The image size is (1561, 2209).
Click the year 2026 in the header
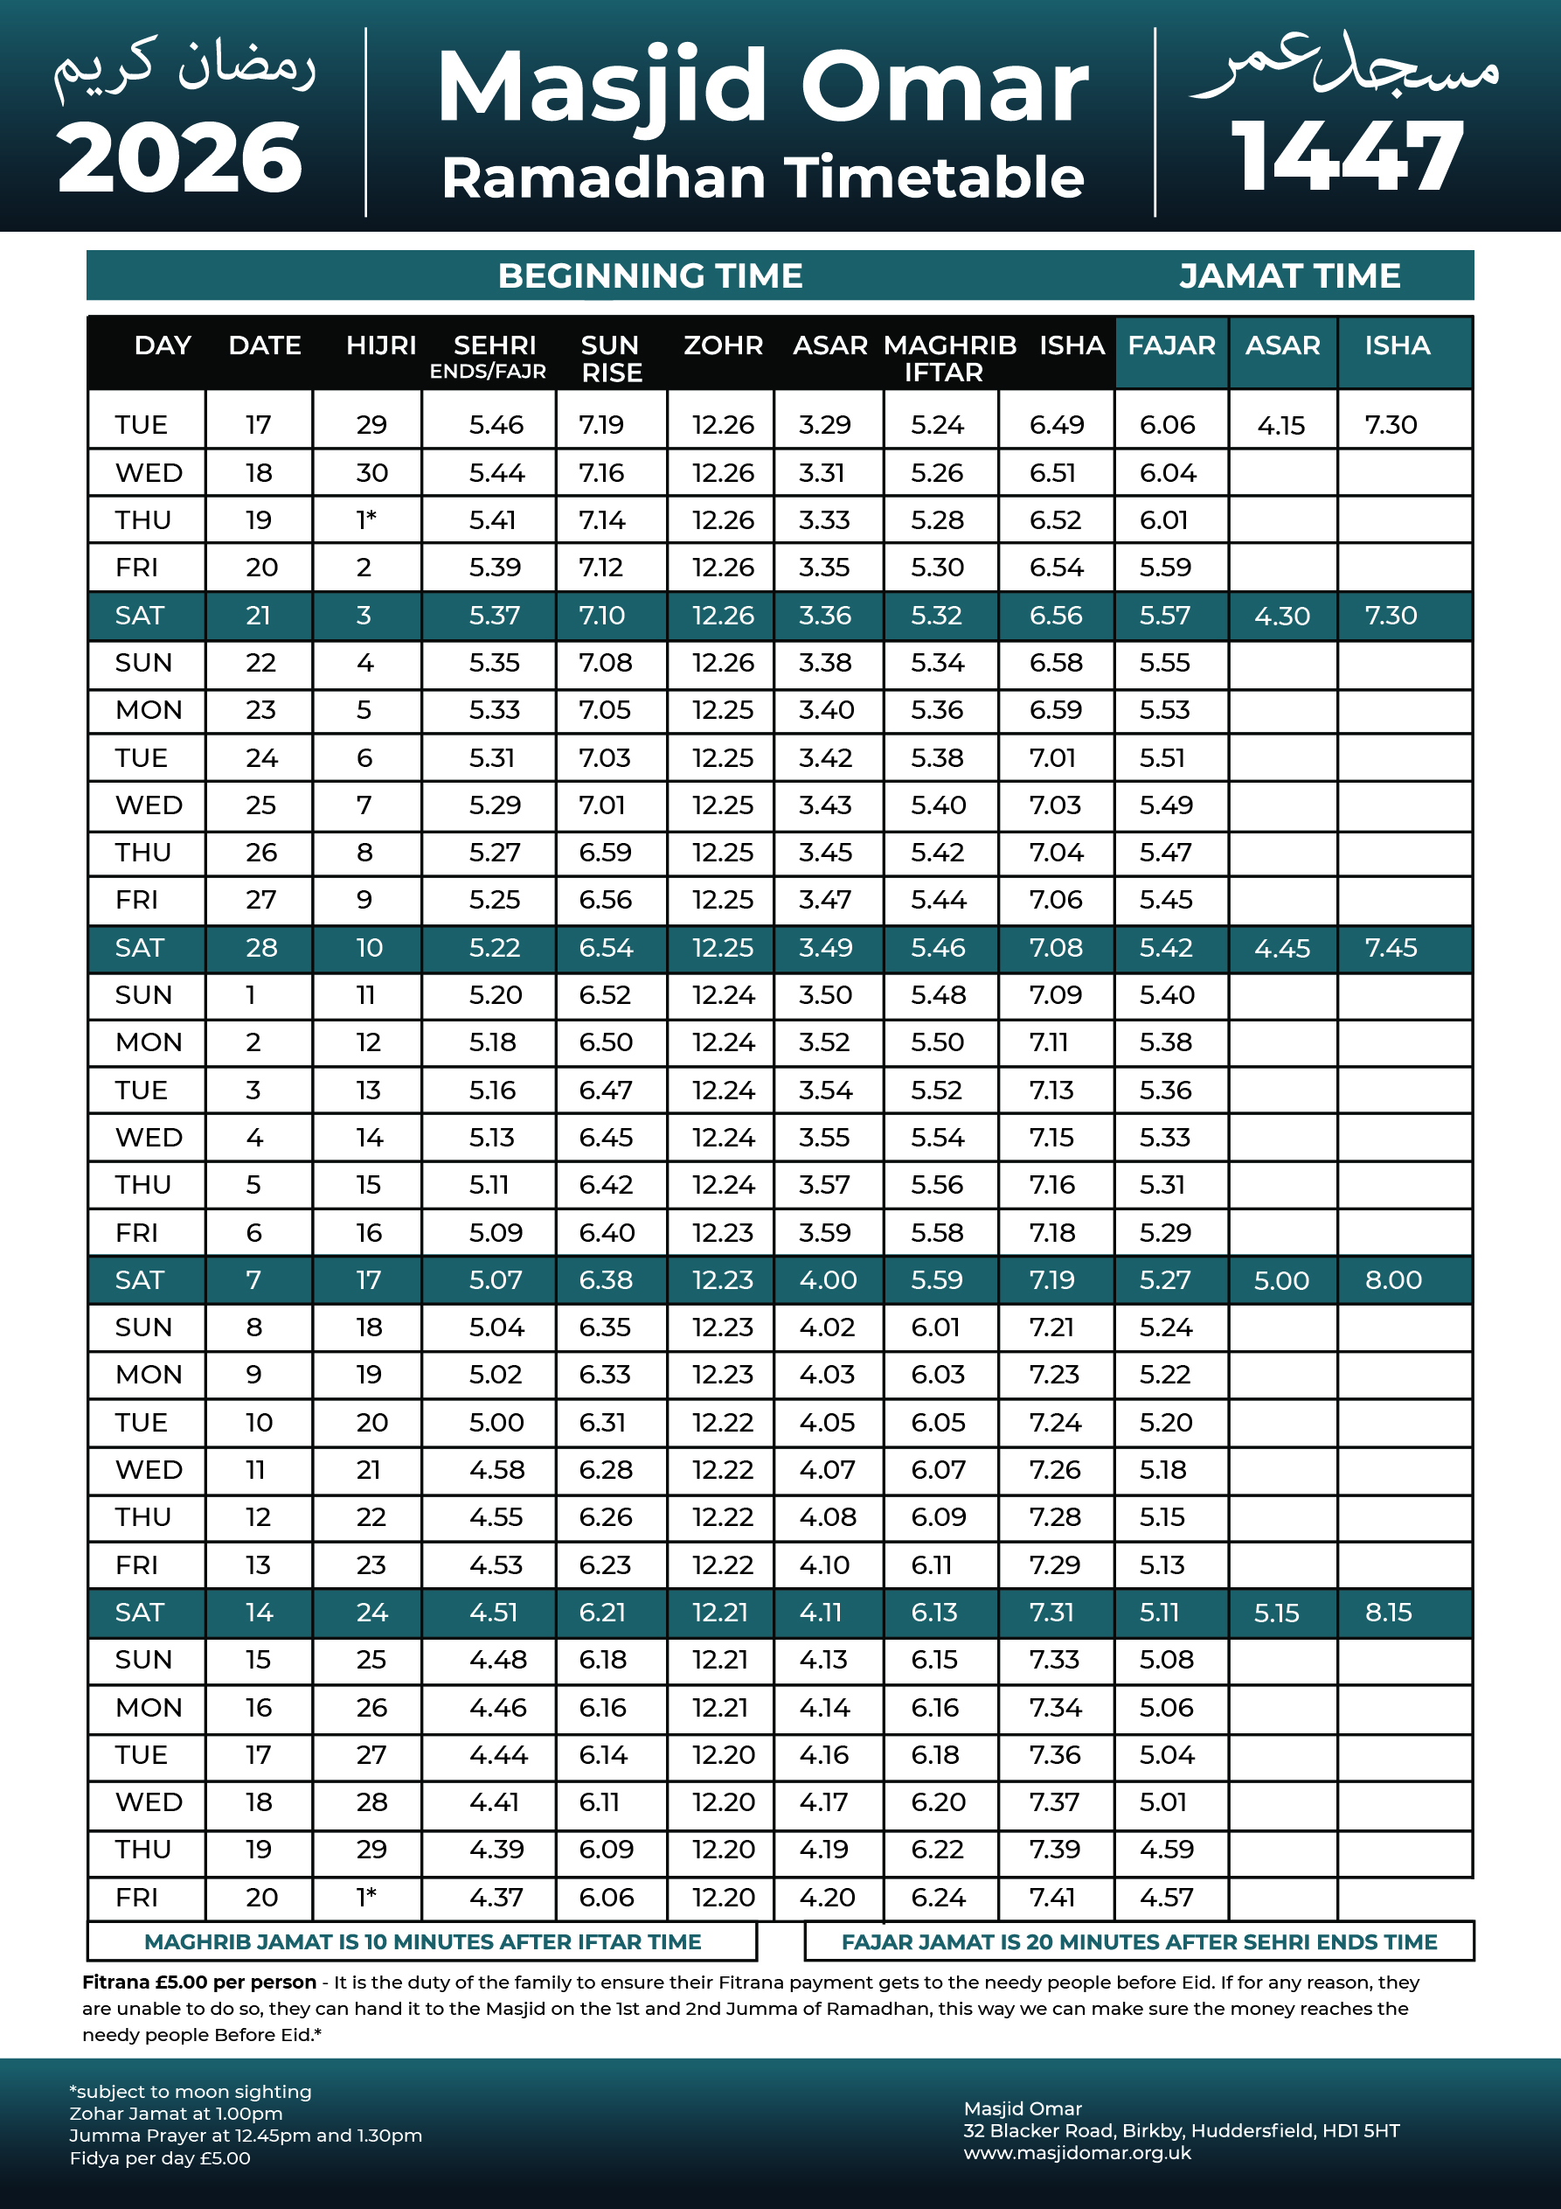point(180,157)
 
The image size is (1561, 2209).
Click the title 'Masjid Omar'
point(762,87)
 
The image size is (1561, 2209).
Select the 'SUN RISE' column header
point(611,359)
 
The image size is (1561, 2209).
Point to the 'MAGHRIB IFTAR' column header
point(948,359)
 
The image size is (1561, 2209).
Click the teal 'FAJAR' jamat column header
point(1170,345)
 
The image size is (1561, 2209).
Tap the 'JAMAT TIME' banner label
point(1289,276)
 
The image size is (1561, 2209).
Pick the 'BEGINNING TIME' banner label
point(650,276)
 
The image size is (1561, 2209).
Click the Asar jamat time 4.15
point(1281,425)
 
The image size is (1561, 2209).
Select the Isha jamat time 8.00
point(1392,1280)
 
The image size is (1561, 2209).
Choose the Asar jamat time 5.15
point(1276,1613)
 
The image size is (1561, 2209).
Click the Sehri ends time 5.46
point(496,425)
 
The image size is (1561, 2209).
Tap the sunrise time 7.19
point(601,425)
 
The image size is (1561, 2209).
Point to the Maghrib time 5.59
point(937,1280)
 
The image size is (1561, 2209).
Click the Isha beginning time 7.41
point(1054,1898)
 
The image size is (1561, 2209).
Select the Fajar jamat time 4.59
point(1166,1850)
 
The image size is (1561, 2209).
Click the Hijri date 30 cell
point(371,473)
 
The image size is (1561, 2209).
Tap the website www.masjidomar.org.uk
point(1077,2153)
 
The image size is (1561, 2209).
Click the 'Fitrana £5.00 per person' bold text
point(199,1982)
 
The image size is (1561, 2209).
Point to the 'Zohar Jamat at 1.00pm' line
point(176,2114)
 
